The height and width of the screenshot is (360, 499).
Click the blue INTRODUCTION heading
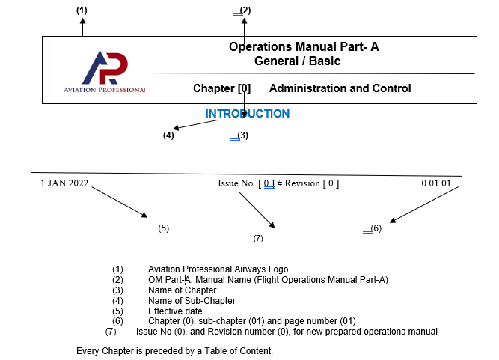pos(248,114)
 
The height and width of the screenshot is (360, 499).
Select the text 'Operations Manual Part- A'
pos(304,47)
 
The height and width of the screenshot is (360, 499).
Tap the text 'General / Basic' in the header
pos(297,61)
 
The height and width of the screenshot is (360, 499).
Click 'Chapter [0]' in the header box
pos(221,88)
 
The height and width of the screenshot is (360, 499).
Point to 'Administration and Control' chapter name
pos(340,88)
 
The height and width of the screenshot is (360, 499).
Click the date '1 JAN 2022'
pos(64,184)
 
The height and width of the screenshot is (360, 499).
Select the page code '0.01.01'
pos(435,184)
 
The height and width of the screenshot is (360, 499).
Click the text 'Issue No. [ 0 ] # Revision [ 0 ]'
pos(278,184)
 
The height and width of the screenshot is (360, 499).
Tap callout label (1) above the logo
pos(82,10)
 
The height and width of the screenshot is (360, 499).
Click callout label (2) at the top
pos(245,10)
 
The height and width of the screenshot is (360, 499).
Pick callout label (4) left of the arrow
pos(169,135)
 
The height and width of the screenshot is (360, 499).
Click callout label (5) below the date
pos(164,228)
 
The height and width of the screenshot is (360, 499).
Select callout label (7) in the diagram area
pos(258,239)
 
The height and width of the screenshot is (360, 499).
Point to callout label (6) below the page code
pos(376,228)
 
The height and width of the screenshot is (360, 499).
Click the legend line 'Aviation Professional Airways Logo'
pos(218,269)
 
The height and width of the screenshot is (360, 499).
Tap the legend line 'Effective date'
pos(175,311)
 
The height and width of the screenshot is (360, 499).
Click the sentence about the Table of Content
pos(174,350)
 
